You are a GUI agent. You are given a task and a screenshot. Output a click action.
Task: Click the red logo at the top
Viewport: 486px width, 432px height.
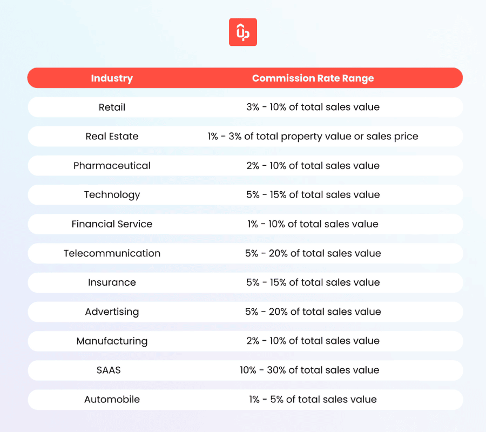pyautogui.click(x=242, y=32)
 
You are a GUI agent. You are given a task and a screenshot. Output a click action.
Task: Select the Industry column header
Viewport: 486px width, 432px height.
pyautogui.click(x=112, y=78)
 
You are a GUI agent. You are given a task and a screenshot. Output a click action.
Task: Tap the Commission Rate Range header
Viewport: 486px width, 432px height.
pyautogui.click(x=313, y=78)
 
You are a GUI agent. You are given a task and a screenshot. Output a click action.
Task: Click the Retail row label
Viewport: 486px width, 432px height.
pyautogui.click(x=112, y=107)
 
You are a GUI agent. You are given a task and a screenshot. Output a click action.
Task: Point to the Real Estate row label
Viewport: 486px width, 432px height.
pyautogui.click(x=112, y=136)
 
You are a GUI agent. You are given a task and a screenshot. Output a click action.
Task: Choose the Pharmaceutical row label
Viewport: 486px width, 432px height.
pyautogui.click(x=112, y=165)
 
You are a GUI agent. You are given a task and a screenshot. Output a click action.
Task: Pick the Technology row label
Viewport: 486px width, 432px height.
pyautogui.click(x=112, y=194)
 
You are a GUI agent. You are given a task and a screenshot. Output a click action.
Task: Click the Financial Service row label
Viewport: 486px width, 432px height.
pyautogui.click(x=112, y=224)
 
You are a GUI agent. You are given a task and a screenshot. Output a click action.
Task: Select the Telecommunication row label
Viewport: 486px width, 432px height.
pyautogui.click(x=112, y=253)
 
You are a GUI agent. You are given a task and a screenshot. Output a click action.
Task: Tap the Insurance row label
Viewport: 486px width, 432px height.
pyautogui.click(x=112, y=282)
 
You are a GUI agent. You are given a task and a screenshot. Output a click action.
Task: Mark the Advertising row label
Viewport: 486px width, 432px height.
pyautogui.click(x=112, y=312)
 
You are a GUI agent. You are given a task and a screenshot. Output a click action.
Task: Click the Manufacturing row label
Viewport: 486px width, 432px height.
pyautogui.click(x=112, y=341)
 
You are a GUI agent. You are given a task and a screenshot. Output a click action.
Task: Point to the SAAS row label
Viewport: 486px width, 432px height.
pyautogui.click(x=112, y=370)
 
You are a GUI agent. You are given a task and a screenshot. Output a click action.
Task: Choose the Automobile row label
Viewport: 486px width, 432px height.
pyautogui.click(x=112, y=400)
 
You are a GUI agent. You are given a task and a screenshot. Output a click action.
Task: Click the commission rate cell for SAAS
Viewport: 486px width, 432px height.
pyautogui.click(x=313, y=370)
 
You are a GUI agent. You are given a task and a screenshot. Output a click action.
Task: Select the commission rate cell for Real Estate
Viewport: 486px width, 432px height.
pyautogui.click(x=313, y=136)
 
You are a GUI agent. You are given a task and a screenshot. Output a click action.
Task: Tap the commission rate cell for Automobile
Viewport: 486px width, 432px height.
pyautogui.click(x=313, y=400)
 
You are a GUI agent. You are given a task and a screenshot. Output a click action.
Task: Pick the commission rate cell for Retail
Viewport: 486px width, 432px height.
pyautogui.click(x=313, y=107)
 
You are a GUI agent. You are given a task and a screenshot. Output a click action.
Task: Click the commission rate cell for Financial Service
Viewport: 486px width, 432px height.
pyautogui.click(x=313, y=224)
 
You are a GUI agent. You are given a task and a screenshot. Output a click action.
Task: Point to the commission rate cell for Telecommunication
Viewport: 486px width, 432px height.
pyautogui.click(x=313, y=253)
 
